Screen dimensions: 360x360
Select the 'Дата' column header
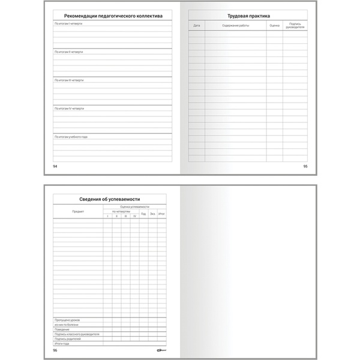(196, 26)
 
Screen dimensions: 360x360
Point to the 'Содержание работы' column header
(235, 26)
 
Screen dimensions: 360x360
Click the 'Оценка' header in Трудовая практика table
(274, 26)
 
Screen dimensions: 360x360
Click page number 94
(55, 166)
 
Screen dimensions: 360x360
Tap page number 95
(305, 166)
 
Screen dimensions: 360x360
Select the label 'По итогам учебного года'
(71, 137)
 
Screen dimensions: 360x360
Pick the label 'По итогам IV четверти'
(69, 109)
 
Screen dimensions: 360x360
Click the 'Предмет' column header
(78, 212)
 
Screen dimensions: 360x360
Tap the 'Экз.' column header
(152, 213)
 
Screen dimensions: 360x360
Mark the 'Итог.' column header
(161, 213)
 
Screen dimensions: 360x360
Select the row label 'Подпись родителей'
(67, 338)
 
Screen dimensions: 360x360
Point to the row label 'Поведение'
(62, 329)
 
